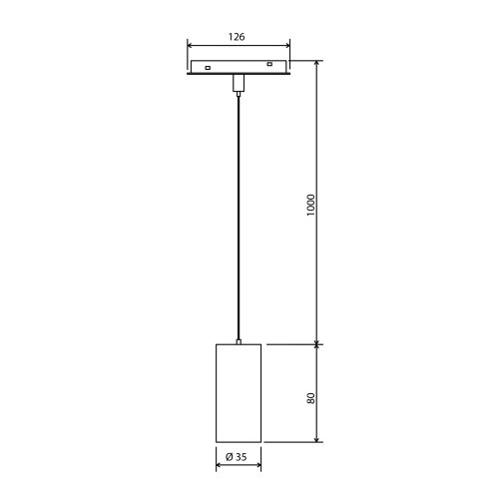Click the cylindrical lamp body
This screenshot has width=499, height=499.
point(238,394)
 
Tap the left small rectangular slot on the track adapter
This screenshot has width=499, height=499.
point(206,68)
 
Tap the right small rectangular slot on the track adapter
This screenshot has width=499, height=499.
point(268,67)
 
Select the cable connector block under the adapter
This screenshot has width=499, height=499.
point(238,82)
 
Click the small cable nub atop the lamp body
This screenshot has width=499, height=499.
point(238,341)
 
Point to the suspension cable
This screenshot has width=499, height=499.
point(238,220)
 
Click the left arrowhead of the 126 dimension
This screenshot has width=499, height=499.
point(190,46)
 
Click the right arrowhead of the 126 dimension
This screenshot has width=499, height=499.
point(287,46)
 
